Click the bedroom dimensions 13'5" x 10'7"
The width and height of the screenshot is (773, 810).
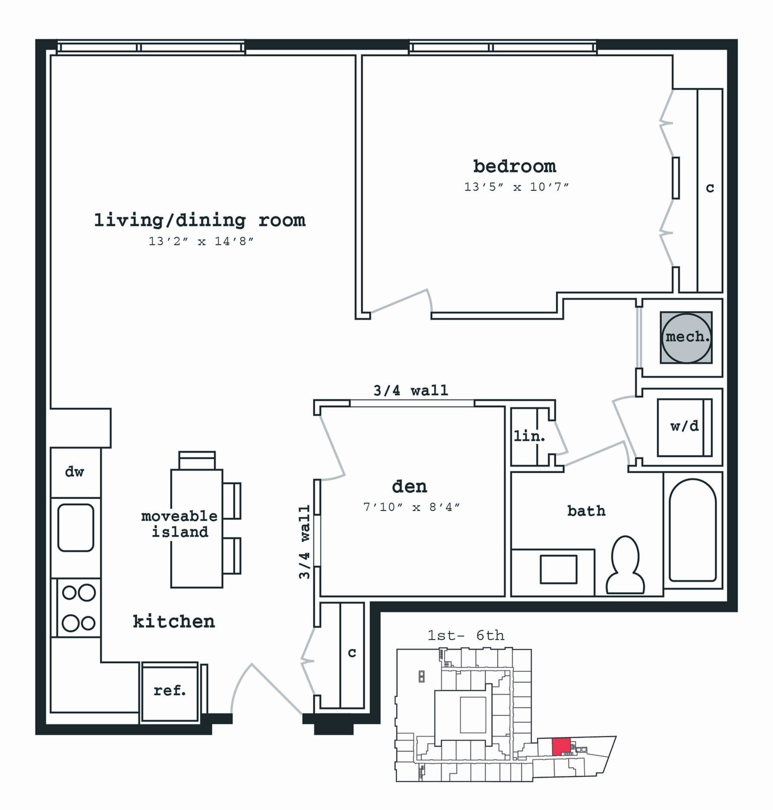tap(516, 187)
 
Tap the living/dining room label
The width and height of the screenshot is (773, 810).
tap(200, 221)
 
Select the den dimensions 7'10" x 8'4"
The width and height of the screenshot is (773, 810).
tap(412, 507)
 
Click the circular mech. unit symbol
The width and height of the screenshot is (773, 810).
tap(686, 337)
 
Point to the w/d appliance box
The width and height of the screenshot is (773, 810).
tap(684, 427)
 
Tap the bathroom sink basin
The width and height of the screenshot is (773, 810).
tap(558, 570)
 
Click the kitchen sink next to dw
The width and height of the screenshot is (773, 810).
tap(76, 527)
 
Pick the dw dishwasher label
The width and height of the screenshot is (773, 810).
tap(75, 472)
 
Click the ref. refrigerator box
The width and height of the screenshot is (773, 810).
tap(170, 691)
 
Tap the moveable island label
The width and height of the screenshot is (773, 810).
tap(179, 524)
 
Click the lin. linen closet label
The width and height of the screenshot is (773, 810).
tap(530, 436)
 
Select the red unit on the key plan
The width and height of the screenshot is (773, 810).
tap(562, 746)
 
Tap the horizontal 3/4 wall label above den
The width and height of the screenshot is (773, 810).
tap(411, 391)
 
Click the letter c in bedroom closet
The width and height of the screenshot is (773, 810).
tap(710, 188)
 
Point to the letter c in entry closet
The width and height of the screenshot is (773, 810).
tap(352, 652)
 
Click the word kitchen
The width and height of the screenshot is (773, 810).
tap(174, 621)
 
